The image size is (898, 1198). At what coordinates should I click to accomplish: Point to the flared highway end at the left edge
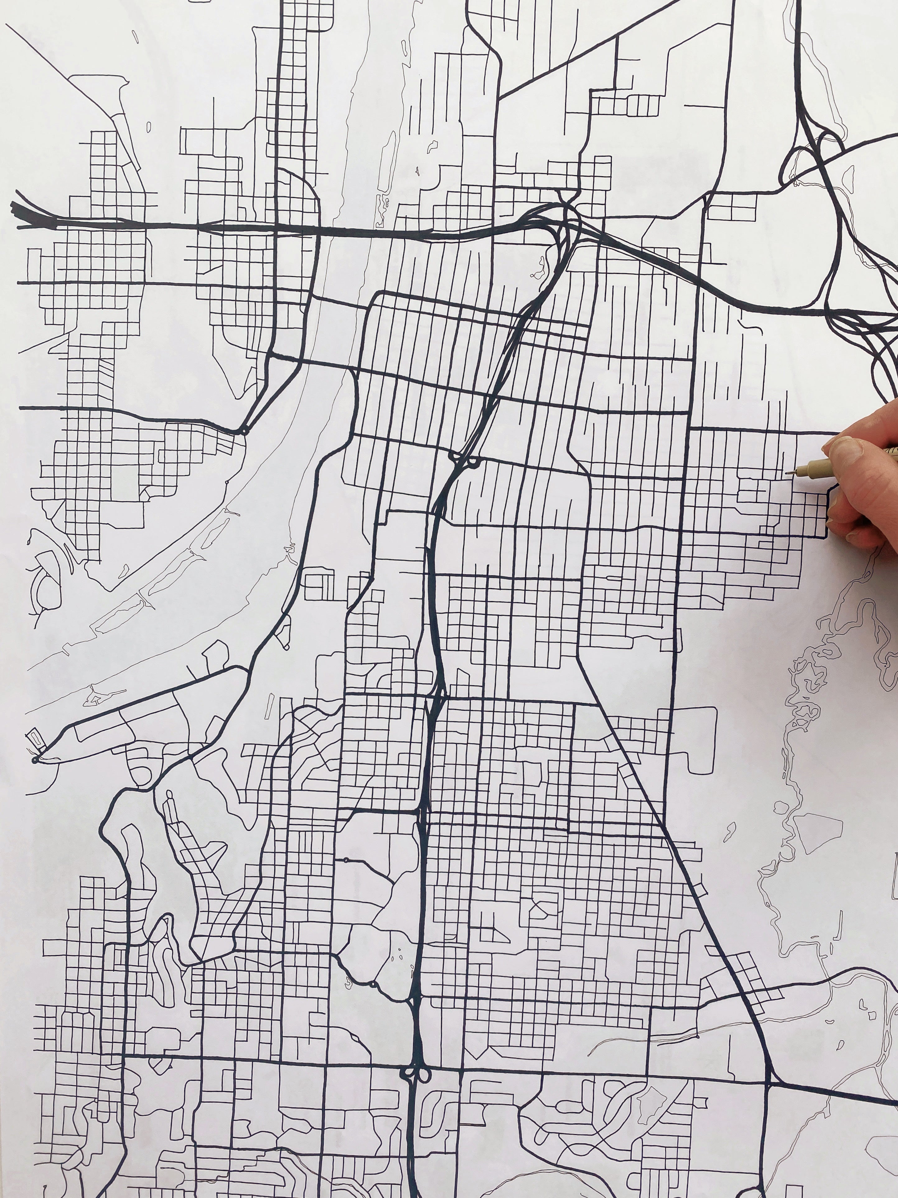(22, 214)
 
